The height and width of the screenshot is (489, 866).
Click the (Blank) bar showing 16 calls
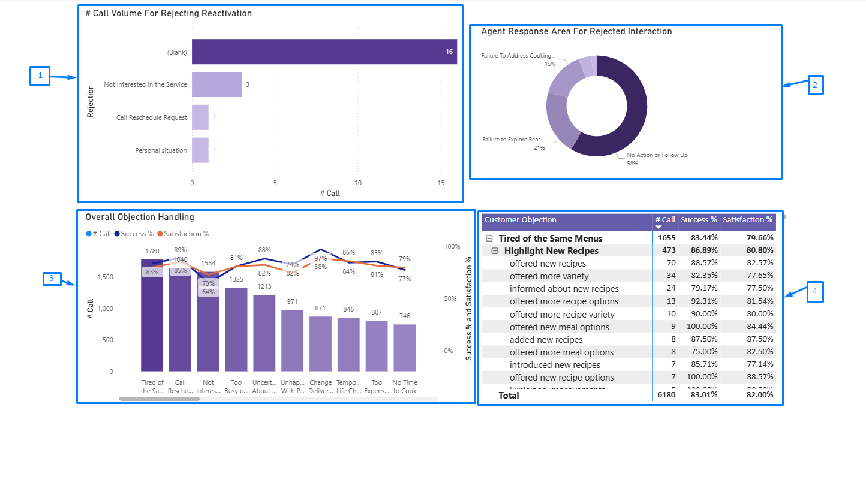point(324,52)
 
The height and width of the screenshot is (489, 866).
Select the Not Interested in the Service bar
point(217,84)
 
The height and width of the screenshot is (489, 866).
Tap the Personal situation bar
point(200,150)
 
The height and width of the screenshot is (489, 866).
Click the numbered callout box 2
point(815,85)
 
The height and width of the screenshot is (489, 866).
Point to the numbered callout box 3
point(52,279)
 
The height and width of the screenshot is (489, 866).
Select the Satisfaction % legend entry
point(186,234)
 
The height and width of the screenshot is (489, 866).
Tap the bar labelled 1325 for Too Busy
point(236,330)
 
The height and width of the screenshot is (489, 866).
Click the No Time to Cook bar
point(404,348)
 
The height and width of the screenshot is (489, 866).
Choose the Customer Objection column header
point(521,220)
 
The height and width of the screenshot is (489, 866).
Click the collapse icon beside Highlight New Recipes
point(495,251)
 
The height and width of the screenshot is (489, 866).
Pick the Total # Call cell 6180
point(666,396)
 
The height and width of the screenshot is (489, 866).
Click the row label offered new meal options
point(559,327)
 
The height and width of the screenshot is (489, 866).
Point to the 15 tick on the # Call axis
point(441,182)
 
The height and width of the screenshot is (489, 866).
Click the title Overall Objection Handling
point(140,217)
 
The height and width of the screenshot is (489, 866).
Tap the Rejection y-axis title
point(91,101)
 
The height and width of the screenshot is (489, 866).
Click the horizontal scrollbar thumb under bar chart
point(159,399)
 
